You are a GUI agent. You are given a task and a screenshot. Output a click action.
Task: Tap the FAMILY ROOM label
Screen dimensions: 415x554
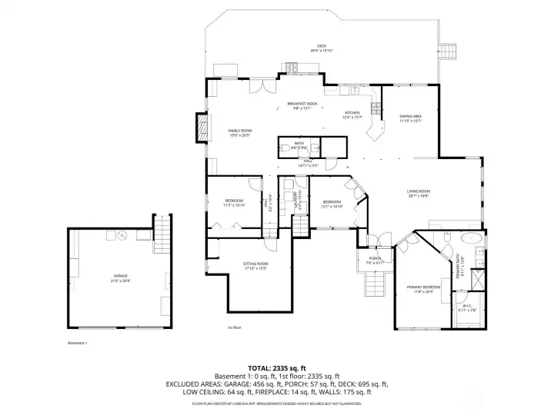click(x=240, y=131)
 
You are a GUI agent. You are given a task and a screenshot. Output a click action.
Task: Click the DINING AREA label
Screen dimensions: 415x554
click(x=410, y=118)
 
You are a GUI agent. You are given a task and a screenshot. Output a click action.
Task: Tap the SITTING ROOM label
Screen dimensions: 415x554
click(x=255, y=265)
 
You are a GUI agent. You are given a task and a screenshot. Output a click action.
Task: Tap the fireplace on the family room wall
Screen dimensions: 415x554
click(x=202, y=128)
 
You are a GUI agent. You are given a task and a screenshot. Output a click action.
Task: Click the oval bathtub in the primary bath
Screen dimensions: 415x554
click(x=469, y=237)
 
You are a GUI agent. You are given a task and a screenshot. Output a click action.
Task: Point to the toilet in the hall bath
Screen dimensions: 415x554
click(x=284, y=147)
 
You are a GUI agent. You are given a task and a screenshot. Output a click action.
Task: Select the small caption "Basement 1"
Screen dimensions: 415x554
click(x=78, y=343)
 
